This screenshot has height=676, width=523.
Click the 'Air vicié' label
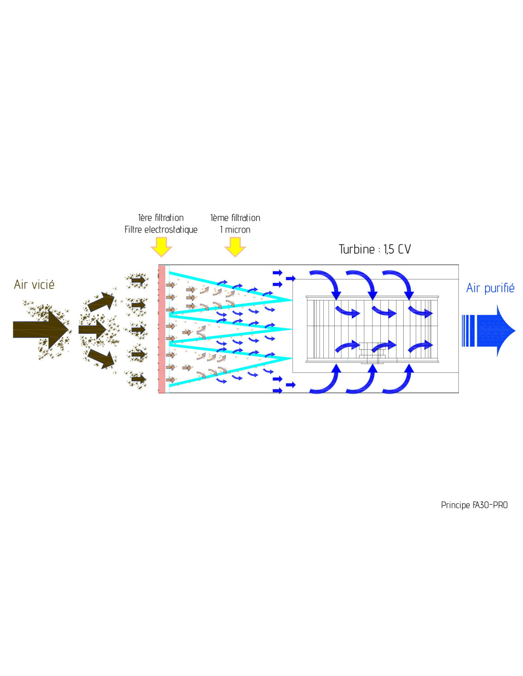pos(34,284)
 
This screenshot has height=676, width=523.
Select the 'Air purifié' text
pos(490,288)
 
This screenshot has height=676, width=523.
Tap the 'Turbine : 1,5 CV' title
pos(375,249)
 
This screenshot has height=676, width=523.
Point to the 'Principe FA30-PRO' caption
pos(474,505)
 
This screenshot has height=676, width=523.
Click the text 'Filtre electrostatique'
pos(161,230)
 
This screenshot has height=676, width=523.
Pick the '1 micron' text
pos(235,230)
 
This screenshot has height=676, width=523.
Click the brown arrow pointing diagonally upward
pos(101,302)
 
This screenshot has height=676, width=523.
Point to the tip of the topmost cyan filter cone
pos(291,300)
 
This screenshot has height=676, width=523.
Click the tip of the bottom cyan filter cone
pos(291,358)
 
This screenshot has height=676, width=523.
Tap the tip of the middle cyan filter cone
pos(291,329)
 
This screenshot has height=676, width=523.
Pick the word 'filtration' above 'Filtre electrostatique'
pos(169,218)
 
